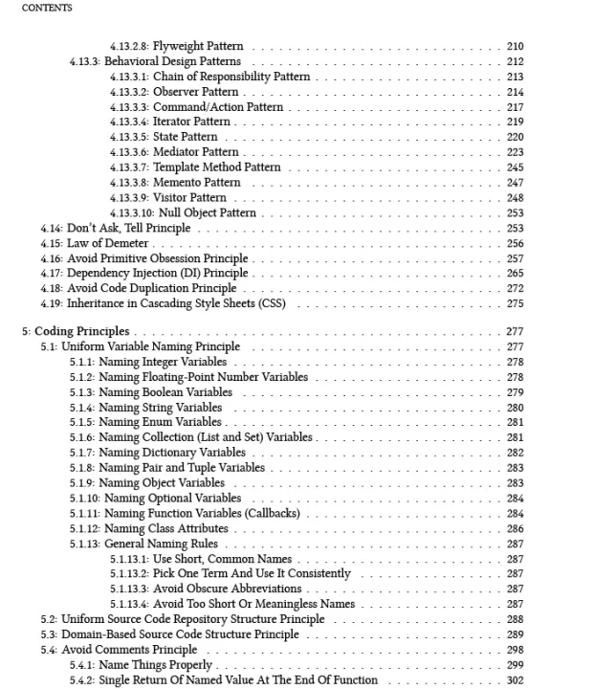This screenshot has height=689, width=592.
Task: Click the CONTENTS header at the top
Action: [x=46, y=8]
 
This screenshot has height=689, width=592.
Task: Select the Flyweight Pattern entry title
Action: [x=198, y=46]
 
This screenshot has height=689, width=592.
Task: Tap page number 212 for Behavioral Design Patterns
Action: [x=515, y=61]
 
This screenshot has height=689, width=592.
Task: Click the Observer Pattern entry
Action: [x=195, y=92]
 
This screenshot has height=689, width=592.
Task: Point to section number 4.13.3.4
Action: [x=129, y=122]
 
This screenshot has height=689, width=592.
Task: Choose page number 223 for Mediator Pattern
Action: [x=515, y=152]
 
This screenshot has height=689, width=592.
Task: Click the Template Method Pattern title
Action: [x=217, y=167]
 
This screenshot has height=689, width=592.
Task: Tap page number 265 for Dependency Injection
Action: [x=515, y=274]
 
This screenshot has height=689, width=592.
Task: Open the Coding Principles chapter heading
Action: [x=81, y=331]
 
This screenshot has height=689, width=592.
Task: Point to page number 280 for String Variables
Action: [x=515, y=407]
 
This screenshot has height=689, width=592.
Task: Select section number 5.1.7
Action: [x=81, y=452]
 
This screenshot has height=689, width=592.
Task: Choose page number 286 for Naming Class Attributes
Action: [x=515, y=528]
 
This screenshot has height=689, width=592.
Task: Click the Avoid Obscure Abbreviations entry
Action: [x=227, y=589]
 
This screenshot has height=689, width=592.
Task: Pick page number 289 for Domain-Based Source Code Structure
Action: [x=515, y=633]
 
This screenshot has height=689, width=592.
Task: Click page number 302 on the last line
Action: [x=515, y=679]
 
